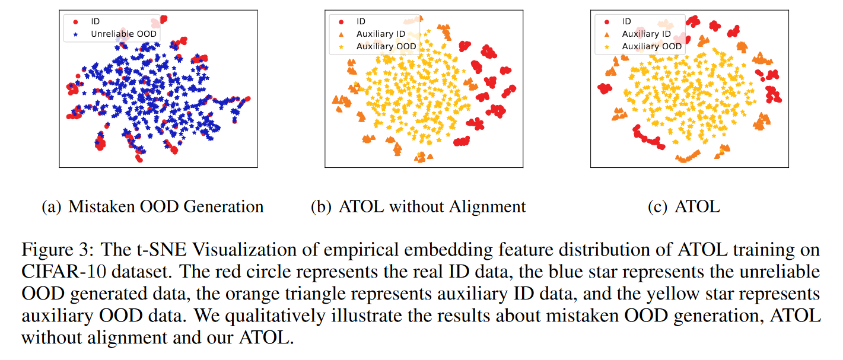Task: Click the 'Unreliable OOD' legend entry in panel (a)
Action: [x=123, y=34]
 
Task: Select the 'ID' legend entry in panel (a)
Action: [x=96, y=22]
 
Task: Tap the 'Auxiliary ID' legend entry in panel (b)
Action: [x=380, y=34]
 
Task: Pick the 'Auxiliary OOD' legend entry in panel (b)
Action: [x=386, y=46]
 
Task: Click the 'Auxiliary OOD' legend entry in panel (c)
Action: [x=651, y=46]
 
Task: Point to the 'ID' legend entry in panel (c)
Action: [x=626, y=22]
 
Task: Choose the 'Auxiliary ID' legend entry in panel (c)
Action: [x=646, y=34]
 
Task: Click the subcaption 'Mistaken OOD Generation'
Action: [x=166, y=206]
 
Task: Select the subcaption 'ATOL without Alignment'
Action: [x=432, y=206]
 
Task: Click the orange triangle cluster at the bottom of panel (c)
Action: [x=688, y=158]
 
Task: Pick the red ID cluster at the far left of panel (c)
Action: [x=605, y=89]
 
